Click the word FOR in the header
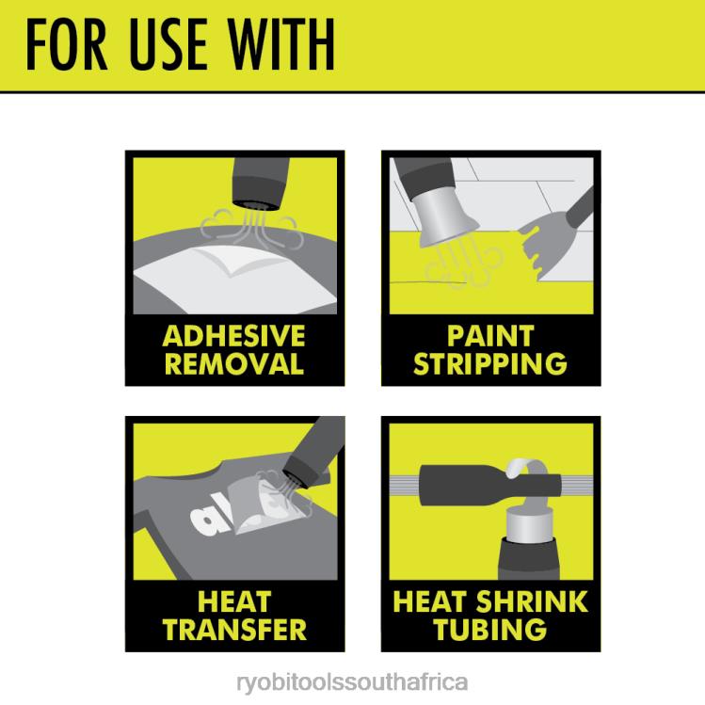[66, 44]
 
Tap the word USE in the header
[168, 44]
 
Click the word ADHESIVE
[233, 336]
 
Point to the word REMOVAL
[234, 363]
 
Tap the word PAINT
[490, 336]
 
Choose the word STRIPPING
[490, 363]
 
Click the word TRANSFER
[234, 630]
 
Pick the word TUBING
[490, 630]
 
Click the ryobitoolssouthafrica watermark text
[352, 682]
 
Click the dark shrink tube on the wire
[490, 485]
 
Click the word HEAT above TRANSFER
[234, 601]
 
